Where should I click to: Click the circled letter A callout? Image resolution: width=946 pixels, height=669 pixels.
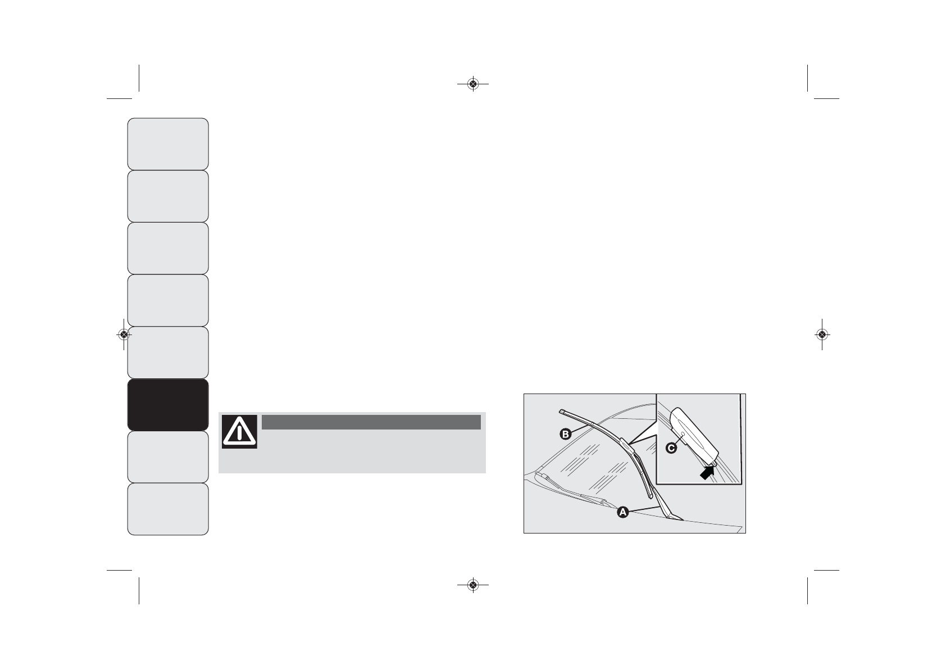pyautogui.click(x=622, y=512)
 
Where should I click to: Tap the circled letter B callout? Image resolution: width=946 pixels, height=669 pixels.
pyautogui.click(x=565, y=434)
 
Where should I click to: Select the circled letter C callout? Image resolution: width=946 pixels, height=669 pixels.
pyautogui.click(x=671, y=448)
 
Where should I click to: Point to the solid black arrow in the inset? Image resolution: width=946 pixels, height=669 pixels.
pyautogui.click(x=707, y=472)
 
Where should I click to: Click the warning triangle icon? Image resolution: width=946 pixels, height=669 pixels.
pyautogui.click(x=239, y=432)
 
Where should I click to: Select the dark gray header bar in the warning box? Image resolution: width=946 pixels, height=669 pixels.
pyautogui.click(x=371, y=422)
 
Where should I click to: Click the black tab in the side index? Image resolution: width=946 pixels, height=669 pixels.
pyautogui.click(x=168, y=405)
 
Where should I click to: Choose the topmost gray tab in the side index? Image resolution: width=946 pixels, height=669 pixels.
pyautogui.click(x=168, y=144)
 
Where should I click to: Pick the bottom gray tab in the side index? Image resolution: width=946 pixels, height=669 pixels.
pyautogui.click(x=168, y=509)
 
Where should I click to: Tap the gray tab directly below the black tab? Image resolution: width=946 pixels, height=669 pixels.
pyautogui.click(x=168, y=457)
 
